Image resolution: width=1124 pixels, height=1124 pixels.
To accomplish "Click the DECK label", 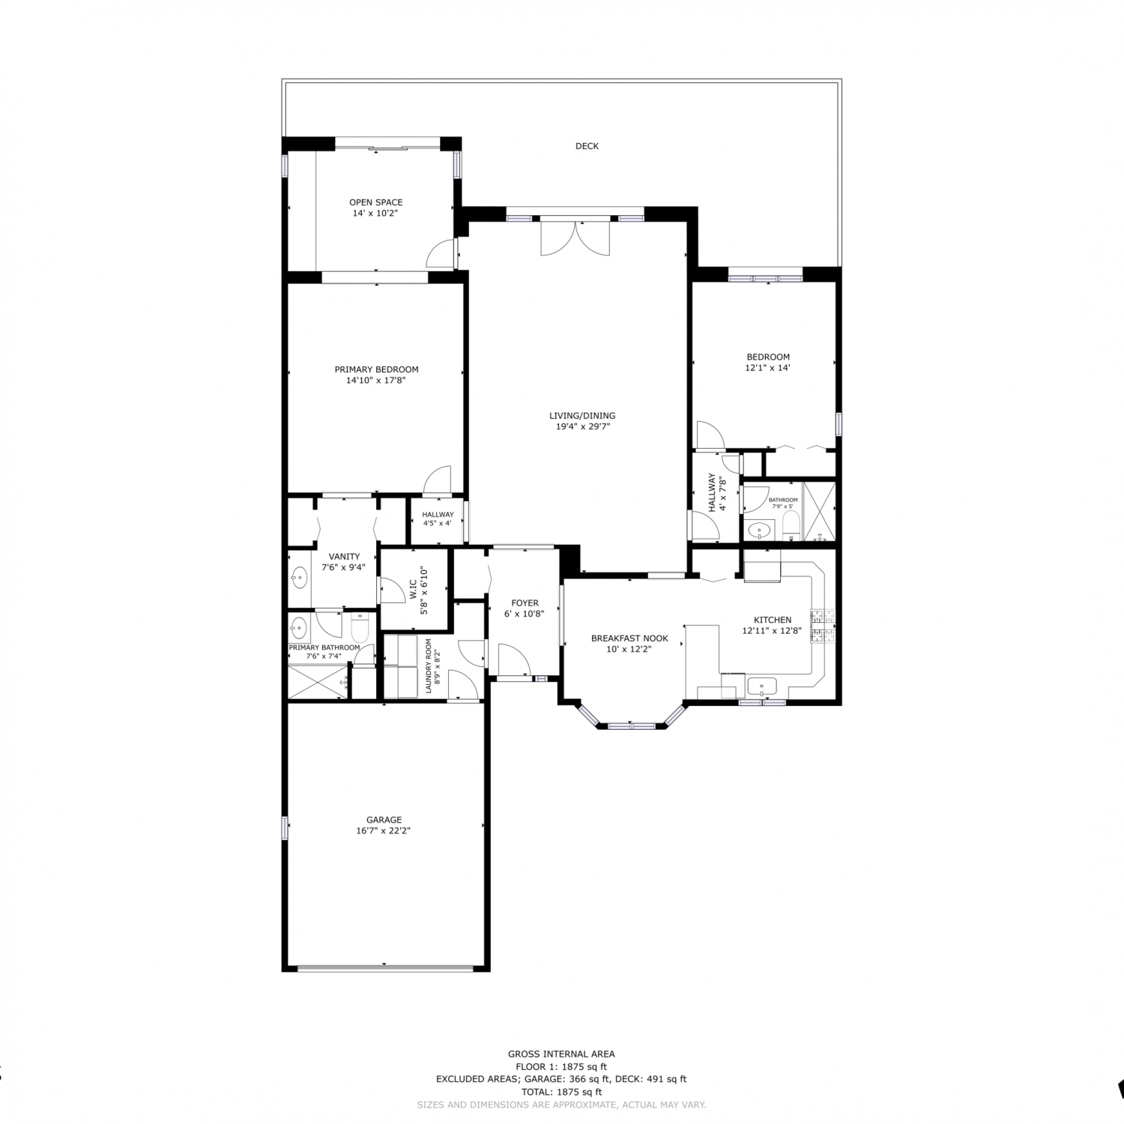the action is tap(587, 146).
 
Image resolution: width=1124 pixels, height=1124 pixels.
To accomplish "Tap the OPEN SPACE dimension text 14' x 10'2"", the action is tap(375, 213).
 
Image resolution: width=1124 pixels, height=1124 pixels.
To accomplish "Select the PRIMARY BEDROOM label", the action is tap(376, 369).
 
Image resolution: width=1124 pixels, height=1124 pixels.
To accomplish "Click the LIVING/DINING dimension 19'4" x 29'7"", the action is tap(582, 427).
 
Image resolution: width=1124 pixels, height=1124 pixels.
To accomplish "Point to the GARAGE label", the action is tap(384, 820).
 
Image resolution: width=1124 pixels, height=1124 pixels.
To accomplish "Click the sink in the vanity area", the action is tap(299, 578).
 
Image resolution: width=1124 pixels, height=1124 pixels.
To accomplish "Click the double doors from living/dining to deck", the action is tap(575, 238).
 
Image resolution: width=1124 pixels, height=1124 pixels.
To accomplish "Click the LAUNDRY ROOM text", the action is tap(429, 665).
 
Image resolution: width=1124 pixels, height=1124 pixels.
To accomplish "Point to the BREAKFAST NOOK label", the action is tap(629, 638).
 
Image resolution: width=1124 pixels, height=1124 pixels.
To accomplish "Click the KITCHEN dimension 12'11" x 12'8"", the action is tap(772, 631).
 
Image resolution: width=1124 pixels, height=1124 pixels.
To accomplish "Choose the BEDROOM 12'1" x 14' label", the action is tap(768, 363).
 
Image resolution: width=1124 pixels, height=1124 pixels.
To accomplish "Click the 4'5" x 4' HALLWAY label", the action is tap(438, 519).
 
